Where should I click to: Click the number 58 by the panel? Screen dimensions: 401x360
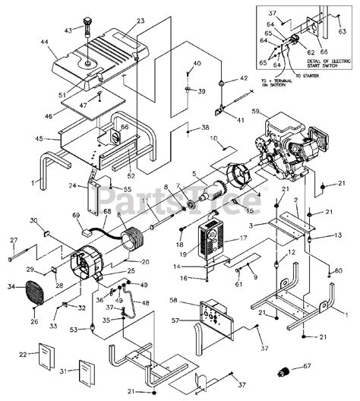175,302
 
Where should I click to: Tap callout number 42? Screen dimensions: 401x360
244,78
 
